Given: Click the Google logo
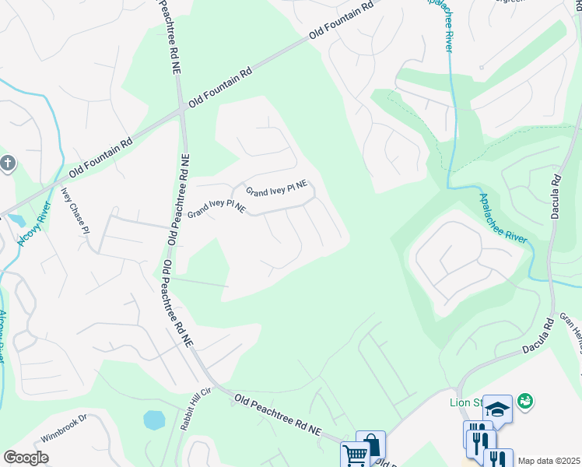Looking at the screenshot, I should tap(26, 458).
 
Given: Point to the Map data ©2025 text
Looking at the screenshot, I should tap(549, 461).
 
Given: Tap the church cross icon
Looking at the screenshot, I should tap(8, 163).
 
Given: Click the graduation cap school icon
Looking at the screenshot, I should tap(497, 408).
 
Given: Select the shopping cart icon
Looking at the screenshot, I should tap(355, 455).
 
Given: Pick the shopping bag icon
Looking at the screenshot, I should tap(370, 444).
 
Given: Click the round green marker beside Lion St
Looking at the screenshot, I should tap(526, 401).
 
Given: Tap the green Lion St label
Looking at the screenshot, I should tap(465, 402).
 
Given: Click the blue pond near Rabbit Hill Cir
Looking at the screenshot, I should tap(154, 420).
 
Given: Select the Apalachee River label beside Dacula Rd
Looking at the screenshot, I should tap(504, 219).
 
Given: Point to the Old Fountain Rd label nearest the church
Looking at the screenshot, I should tap(101, 156).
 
